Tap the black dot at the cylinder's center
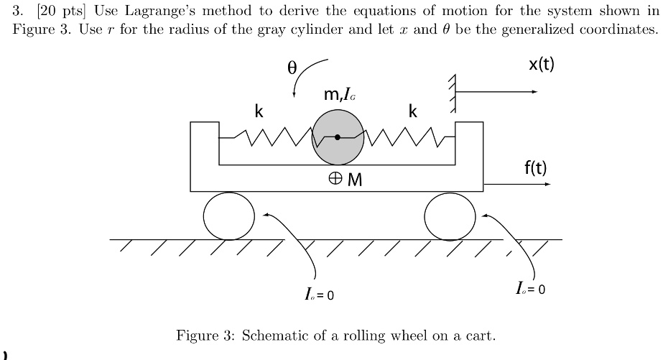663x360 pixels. coord(338,137)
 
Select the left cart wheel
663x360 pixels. coord(228,216)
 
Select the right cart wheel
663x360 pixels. coord(450,216)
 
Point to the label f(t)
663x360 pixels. coord(535,169)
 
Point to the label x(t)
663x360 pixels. coord(542,65)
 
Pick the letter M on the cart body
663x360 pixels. coord(355,180)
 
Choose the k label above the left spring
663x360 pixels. coord(259,111)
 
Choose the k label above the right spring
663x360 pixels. coord(412,111)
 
